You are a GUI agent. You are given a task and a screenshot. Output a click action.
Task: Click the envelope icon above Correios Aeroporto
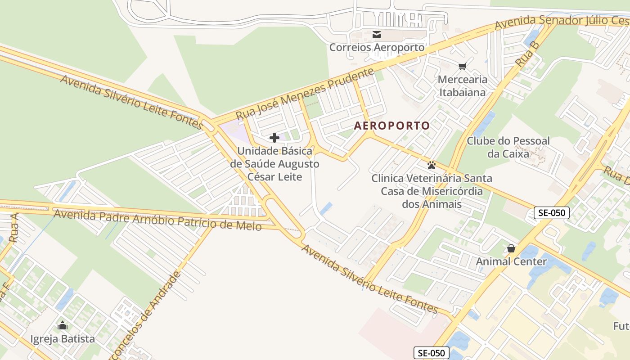(x=377, y=34)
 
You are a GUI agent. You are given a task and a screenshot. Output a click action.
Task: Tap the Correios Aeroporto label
(x=377, y=47)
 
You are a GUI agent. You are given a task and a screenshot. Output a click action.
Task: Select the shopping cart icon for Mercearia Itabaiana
(x=462, y=67)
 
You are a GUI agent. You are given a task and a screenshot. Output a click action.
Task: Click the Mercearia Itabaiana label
(x=462, y=86)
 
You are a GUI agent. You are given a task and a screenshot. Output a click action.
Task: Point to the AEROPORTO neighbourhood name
(x=392, y=126)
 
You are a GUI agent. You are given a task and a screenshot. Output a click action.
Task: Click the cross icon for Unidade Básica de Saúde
(x=274, y=138)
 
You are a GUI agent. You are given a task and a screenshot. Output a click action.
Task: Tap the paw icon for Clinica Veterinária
(x=432, y=165)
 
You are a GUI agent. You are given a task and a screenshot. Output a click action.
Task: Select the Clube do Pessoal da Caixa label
(x=508, y=147)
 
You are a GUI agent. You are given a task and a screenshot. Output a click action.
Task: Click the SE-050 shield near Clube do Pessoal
(x=552, y=213)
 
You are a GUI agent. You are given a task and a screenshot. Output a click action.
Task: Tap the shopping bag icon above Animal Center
(x=511, y=248)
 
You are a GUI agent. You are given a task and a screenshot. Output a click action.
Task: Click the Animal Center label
(x=511, y=261)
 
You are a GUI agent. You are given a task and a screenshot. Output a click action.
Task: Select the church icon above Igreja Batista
(x=63, y=325)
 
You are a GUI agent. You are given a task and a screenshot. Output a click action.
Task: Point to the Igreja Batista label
(x=63, y=338)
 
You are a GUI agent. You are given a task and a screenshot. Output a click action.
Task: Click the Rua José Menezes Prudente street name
(x=305, y=94)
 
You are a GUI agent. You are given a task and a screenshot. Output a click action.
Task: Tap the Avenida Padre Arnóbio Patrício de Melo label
(x=157, y=219)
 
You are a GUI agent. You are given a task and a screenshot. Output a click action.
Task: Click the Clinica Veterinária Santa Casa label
(x=432, y=191)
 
